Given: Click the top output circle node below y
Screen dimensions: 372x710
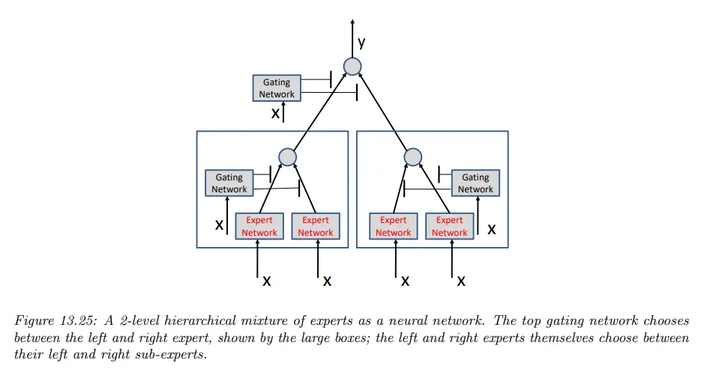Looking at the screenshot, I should [352, 67].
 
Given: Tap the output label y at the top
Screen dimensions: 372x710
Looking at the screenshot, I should [361, 44].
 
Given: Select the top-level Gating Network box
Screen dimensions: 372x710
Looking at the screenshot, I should [277, 88].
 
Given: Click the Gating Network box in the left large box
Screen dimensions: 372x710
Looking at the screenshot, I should [229, 183].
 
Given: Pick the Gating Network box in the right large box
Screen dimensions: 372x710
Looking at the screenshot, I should [475, 183].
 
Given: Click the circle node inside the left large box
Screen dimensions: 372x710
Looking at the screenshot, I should [287, 157].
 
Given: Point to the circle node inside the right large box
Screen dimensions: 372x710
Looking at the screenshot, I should [413, 157].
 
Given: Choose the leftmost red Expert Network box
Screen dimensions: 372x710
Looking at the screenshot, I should [259, 226].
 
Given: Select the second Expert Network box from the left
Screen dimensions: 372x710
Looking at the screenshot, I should [315, 226].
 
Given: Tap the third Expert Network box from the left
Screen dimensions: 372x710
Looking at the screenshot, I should [393, 226].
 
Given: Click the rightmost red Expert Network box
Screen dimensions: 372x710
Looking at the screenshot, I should [449, 226].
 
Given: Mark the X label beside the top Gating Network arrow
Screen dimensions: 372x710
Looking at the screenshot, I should [274, 115].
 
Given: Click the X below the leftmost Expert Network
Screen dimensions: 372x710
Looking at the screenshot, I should [267, 281].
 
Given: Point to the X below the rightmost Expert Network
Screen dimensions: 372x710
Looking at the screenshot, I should [461, 281].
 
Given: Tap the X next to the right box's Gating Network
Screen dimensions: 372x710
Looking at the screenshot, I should [491, 230].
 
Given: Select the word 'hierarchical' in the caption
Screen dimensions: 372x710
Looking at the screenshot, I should [167, 320].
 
